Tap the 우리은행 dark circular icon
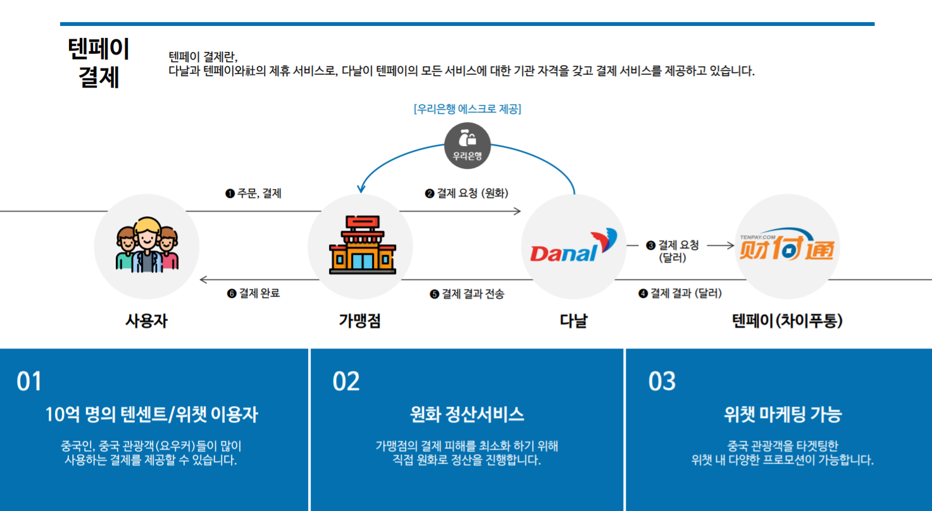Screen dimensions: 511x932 468,145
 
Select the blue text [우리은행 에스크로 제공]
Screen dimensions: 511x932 467,109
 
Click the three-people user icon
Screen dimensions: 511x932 147,246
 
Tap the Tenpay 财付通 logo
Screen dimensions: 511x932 787,247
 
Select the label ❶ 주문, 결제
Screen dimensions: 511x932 253,194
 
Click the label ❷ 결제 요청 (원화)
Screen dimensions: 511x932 467,194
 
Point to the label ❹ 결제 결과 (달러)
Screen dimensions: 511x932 680,293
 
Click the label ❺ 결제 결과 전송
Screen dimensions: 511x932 467,293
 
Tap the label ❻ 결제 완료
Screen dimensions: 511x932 253,293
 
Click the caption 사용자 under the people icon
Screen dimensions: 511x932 146,321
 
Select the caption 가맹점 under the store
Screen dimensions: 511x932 359,321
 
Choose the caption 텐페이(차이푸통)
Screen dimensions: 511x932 786,321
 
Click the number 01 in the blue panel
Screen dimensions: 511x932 29,381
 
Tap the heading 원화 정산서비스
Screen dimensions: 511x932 467,415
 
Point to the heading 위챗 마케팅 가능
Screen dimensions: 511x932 783,415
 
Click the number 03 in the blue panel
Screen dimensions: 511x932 662,381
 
